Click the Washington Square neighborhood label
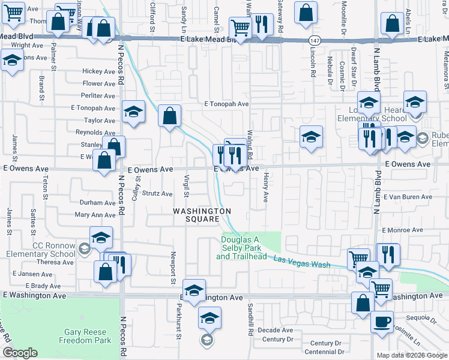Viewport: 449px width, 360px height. click(202, 215)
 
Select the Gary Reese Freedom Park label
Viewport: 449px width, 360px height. click(85, 336)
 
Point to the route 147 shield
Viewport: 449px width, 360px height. click(314, 40)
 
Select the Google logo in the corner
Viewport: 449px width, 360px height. click(20, 353)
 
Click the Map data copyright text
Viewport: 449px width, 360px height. click(411, 355)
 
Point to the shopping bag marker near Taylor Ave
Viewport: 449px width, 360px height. click(170, 115)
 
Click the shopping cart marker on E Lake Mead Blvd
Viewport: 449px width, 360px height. click(240, 28)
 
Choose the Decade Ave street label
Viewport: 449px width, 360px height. click(275, 330)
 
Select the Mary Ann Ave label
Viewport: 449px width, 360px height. click(95, 215)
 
